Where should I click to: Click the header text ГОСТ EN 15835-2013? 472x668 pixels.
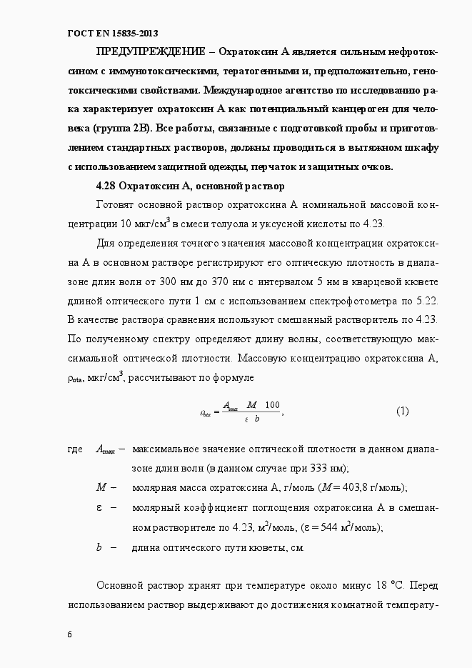coord(112,34)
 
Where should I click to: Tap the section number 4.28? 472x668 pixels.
coord(106,186)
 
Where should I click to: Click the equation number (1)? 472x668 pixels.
coord(402,411)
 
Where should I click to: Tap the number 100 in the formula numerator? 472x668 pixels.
coord(271,405)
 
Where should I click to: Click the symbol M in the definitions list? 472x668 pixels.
coord(101,487)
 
